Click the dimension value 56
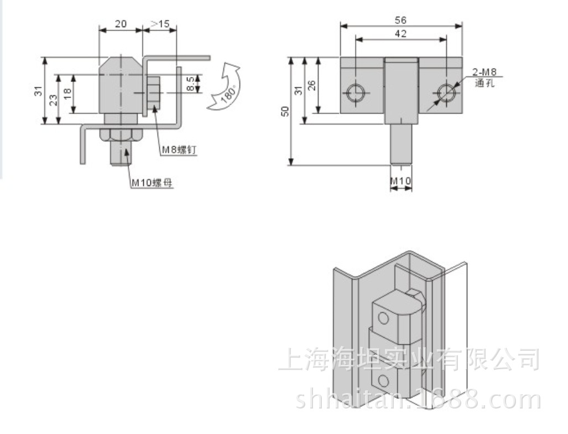[400, 20]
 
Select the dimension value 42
[400, 34]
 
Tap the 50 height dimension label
[286, 111]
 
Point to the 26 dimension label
[311, 86]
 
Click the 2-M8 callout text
[484, 72]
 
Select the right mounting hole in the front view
[445, 92]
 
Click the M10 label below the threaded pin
[400, 180]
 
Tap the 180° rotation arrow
[224, 87]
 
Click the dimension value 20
[121, 24]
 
